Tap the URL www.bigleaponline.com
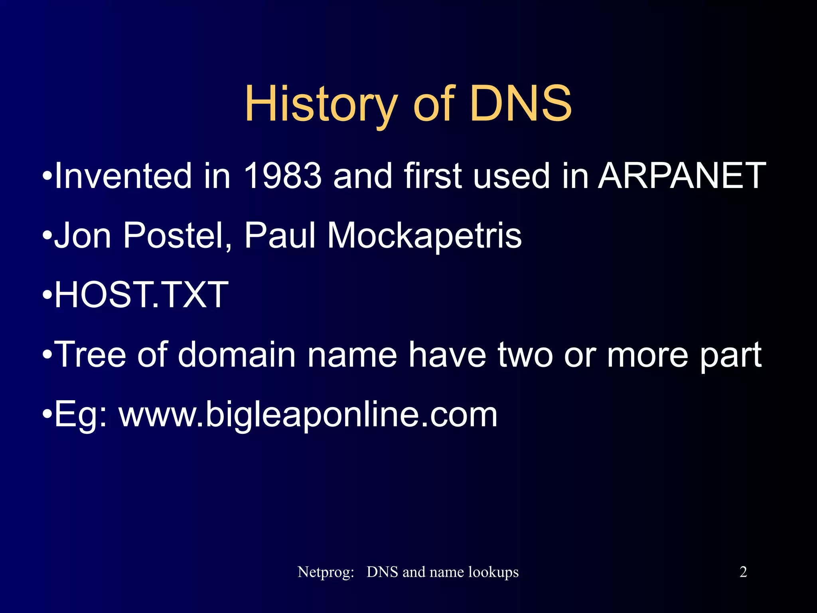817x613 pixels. click(308, 415)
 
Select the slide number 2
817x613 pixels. click(743, 572)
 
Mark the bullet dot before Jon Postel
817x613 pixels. click(47, 235)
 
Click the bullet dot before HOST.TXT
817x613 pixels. click(47, 295)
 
